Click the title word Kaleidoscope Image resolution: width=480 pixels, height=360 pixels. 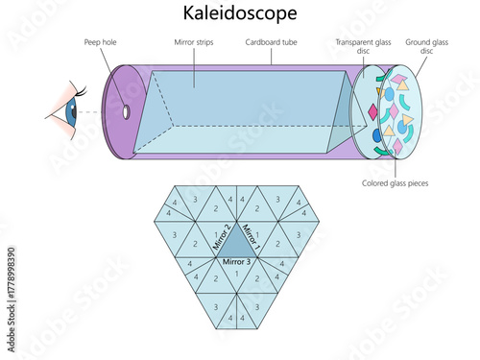pos(239,13)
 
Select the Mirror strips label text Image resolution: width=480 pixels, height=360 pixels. pos(195,43)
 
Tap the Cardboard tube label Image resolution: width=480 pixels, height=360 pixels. pos(270,43)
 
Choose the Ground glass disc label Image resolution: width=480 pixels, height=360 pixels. pos(425,47)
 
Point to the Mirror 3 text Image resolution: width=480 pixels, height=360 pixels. pos(235,261)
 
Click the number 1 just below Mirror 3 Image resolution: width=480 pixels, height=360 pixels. pos(235,274)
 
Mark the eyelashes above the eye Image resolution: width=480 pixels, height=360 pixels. pos(79,91)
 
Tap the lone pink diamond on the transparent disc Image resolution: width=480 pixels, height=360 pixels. pos(373,113)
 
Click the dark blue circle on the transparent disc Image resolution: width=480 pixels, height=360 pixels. pos(389,94)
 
